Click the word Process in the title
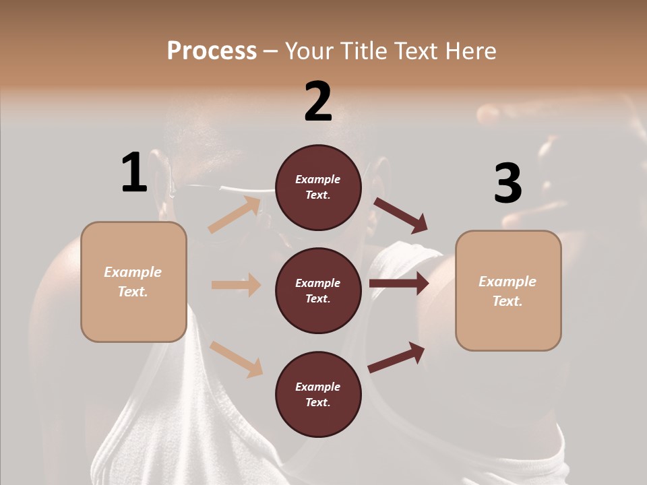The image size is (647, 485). (x=212, y=51)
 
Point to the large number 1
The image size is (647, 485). (x=133, y=173)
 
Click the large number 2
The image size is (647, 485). (x=318, y=102)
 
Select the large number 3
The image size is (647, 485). (x=507, y=184)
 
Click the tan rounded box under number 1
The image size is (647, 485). (x=133, y=282)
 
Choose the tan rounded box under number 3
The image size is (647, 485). (x=508, y=291)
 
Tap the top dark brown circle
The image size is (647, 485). (x=318, y=187)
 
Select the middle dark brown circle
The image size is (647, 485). (x=318, y=291)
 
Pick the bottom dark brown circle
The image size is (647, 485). (x=318, y=395)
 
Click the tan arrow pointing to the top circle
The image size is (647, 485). (x=235, y=215)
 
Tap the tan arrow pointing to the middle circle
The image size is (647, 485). (x=236, y=285)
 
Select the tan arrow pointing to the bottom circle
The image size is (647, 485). (x=236, y=359)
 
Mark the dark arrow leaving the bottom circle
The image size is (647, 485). (x=396, y=357)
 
